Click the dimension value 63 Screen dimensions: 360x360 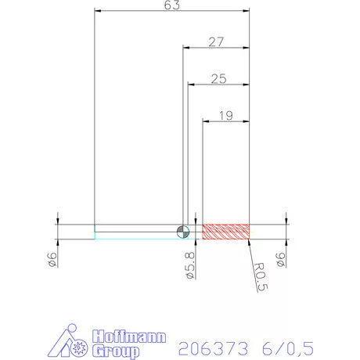point(172,5)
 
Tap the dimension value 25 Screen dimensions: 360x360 point(219,78)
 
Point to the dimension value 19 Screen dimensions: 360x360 point(226,115)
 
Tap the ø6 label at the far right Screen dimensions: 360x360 point(281,261)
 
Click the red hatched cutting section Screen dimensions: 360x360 point(226,231)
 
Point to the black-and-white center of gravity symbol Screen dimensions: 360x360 point(182,230)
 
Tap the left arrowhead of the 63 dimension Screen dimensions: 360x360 point(98,11)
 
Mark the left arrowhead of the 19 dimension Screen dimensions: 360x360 point(206,121)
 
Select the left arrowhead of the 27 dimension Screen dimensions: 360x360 point(186,48)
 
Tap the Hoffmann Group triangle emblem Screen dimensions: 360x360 point(75,343)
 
